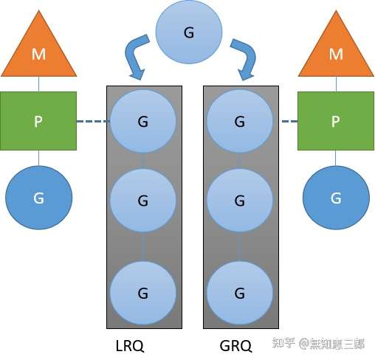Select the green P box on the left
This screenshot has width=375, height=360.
pyautogui.click(x=38, y=121)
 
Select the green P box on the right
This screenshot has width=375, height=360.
pyautogui.click(x=336, y=121)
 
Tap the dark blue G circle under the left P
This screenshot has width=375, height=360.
pyautogui.click(x=39, y=198)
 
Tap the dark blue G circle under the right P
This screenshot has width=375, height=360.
pyautogui.click(x=336, y=198)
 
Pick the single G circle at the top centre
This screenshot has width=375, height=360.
pyautogui.click(x=189, y=32)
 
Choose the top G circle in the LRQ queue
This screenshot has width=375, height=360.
pyautogui.click(x=143, y=121)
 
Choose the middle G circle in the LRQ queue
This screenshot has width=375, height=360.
pyautogui.click(x=143, y=201)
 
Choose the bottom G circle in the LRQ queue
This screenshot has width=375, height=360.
pyautogui.click(x=143, y=293)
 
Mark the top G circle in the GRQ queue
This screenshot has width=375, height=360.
pyautogui.click(x=240, y=121)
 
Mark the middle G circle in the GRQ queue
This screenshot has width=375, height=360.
pyautogui.click(x=240, y=201)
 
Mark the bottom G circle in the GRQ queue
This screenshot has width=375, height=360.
pyautogui.click(x=240, y=293)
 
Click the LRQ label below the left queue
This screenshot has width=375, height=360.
pyautogui.click(x=130, y=345)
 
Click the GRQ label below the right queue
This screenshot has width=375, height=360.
pyautogui.click(x=235, y=345)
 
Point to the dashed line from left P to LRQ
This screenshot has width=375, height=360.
pyautogui.click(x=93, y=121)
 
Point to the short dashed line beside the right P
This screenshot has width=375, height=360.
pyautogui.click(x=289, y=121)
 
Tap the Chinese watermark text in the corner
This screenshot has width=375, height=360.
pyautogui.click(x=318, y=343)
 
